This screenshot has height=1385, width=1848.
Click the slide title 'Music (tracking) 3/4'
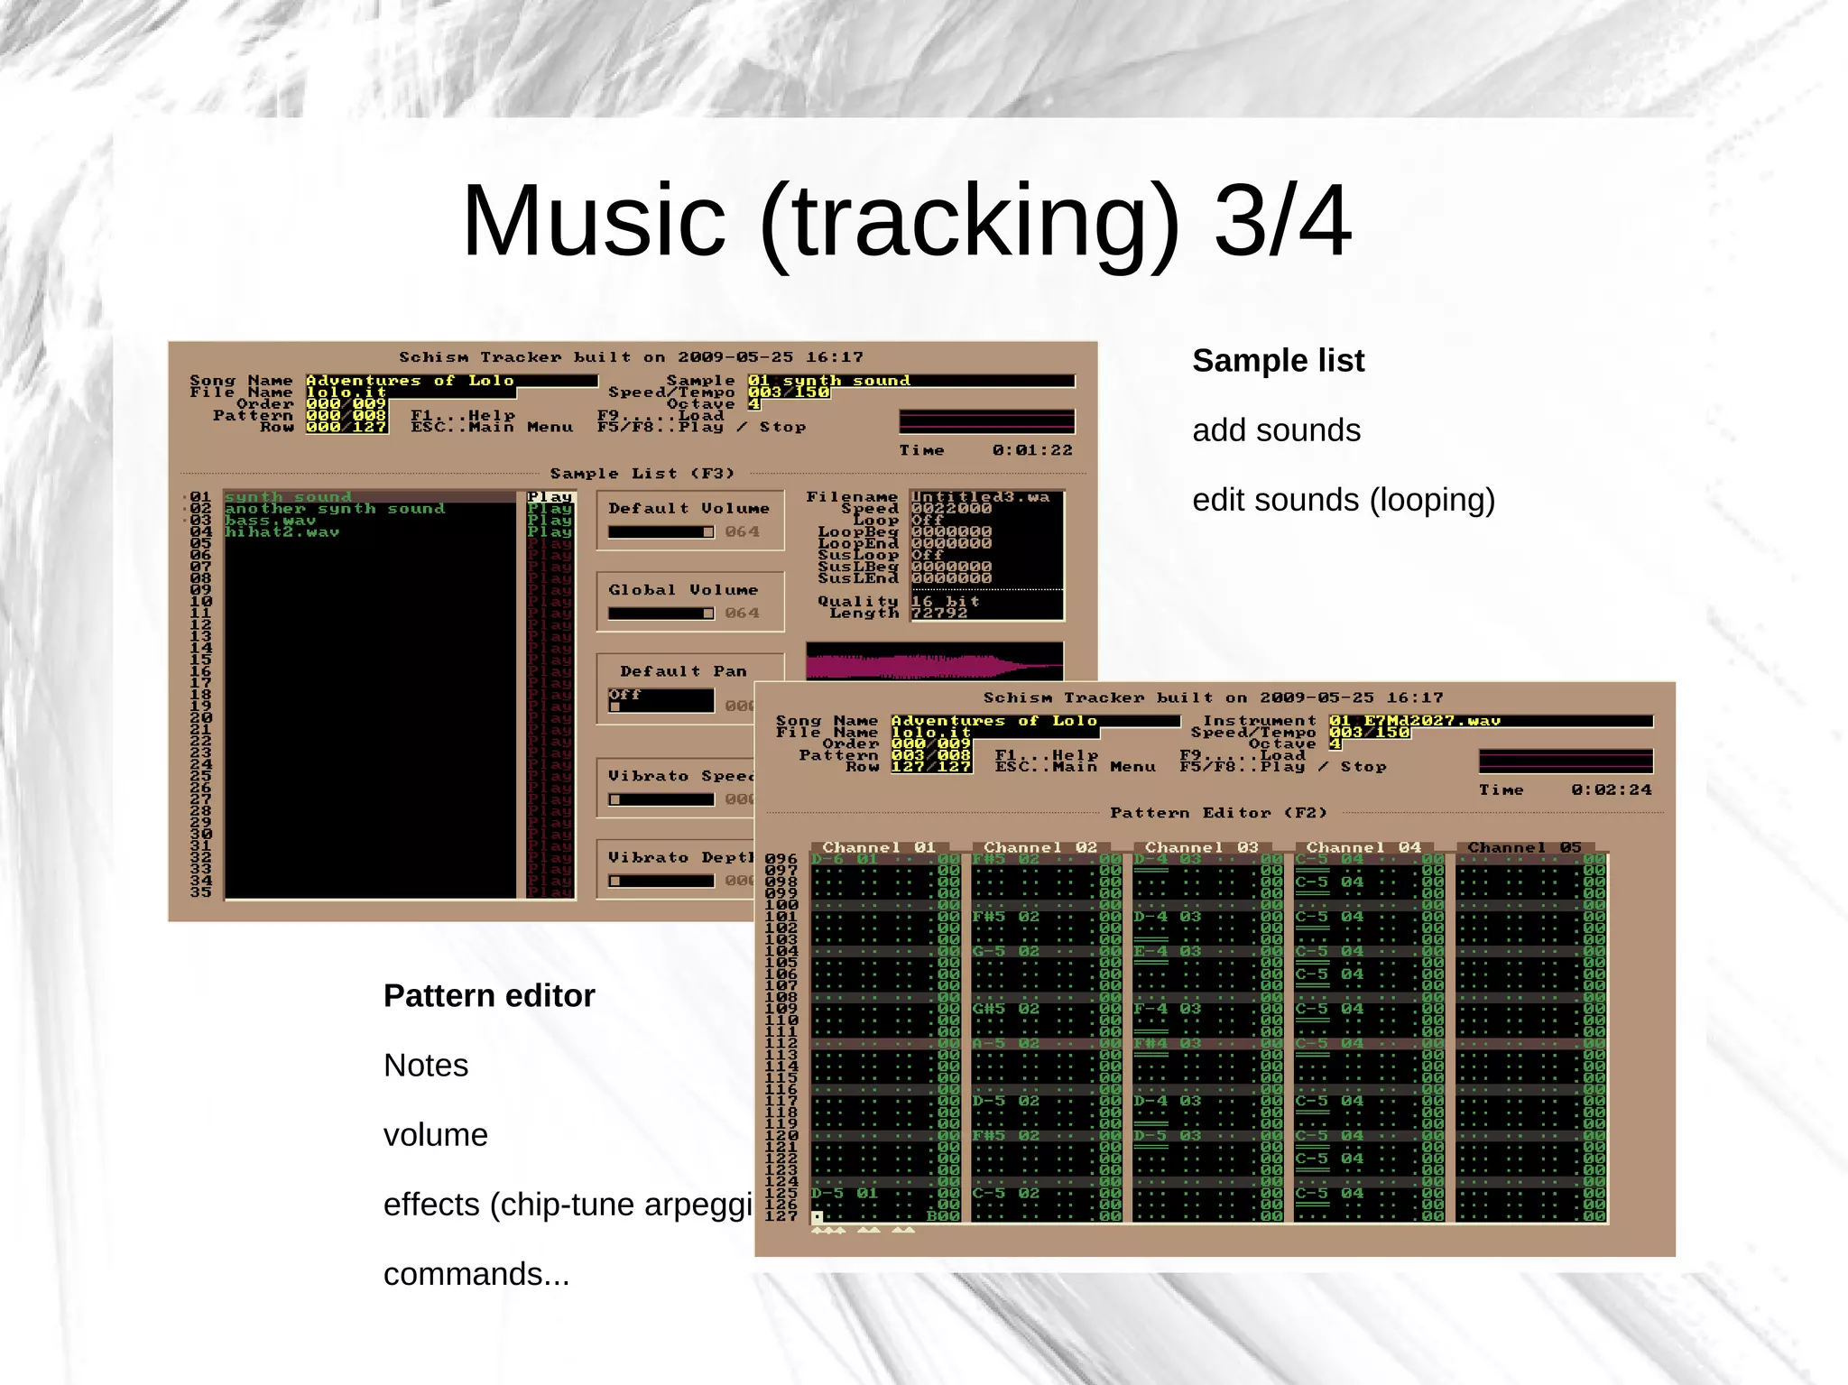coord(906,221)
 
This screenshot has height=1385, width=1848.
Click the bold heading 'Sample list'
coord(1278,361)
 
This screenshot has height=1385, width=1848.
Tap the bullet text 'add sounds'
coord(1276,430)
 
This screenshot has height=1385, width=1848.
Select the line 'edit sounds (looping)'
coord(1344,500)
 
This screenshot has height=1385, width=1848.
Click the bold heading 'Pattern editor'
coord(489,996)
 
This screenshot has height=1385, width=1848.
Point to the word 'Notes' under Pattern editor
coord(426,1066)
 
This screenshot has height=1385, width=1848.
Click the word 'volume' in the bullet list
coord(436,1135)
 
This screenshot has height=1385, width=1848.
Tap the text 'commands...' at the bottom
coord(476,1274)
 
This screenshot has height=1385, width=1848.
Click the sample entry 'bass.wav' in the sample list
coord(271,521)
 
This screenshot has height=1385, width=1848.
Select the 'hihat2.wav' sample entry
coord(282,532)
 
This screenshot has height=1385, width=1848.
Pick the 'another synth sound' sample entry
coord(335,509)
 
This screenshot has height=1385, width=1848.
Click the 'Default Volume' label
coord(688,509)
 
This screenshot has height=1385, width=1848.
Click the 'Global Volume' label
coord(683,590)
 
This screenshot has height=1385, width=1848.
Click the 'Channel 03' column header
coord(1201,847)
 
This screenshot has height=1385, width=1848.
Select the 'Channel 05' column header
coord(1524,847)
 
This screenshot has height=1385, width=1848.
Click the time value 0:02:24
coord(1611,789)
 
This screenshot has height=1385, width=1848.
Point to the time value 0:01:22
coord(1031,450)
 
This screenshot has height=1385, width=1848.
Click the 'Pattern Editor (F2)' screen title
coord(1218,813)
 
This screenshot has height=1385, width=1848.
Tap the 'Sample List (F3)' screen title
coord(642,474)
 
